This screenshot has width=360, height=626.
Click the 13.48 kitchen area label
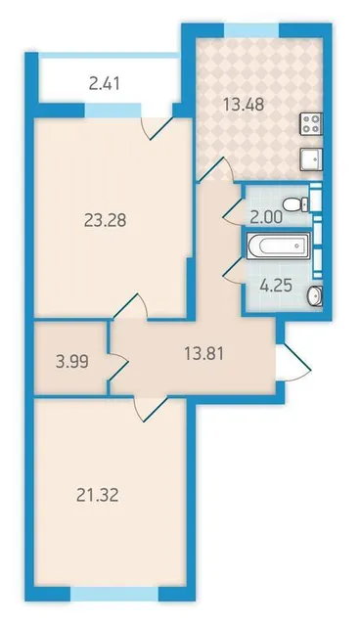coord(244,105)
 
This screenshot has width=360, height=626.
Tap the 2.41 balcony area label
coord(105,84)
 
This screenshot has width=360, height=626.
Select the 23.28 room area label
coord(106,219)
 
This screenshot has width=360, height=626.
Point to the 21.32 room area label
coord(97,496)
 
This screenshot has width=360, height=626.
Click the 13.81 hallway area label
coord(203,353)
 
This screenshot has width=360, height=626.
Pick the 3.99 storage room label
coord(72,362)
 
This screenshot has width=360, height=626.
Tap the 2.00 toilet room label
coord(266,217)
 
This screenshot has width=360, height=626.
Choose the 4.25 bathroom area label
coord(276,286)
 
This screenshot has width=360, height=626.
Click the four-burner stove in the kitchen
coord(311,123)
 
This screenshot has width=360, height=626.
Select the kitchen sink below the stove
coord(311,159)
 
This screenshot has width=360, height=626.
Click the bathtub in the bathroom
coord(278,246)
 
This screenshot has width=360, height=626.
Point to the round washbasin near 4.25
coord(315,295)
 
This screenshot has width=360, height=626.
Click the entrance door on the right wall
coord(293,362)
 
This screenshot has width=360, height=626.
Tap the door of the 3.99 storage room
coord(118,362)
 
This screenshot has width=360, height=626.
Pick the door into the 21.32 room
coord(150,409)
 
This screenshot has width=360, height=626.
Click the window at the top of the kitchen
coord(251,30)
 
